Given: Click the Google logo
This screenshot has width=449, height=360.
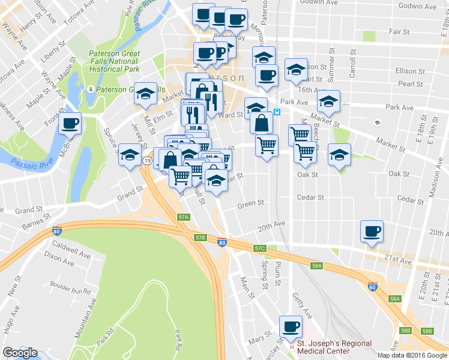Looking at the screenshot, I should click(20, 353).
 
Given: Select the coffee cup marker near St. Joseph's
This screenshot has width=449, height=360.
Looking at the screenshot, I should click(292, 327).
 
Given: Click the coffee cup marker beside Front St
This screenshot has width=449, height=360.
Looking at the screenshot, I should click(70, 124).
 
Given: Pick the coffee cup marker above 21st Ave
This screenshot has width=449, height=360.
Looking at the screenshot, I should click(372, 232).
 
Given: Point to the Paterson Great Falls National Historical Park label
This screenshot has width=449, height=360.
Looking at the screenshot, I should click(114, 61).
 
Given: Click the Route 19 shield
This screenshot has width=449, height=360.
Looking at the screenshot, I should click(146, 160).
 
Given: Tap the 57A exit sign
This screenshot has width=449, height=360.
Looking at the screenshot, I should click(184, 217).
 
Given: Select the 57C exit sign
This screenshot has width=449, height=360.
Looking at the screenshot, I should click(259, 248).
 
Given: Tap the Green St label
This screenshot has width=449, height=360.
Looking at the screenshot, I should click(250, 203).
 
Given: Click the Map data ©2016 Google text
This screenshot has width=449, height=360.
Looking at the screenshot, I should click(411, 355).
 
